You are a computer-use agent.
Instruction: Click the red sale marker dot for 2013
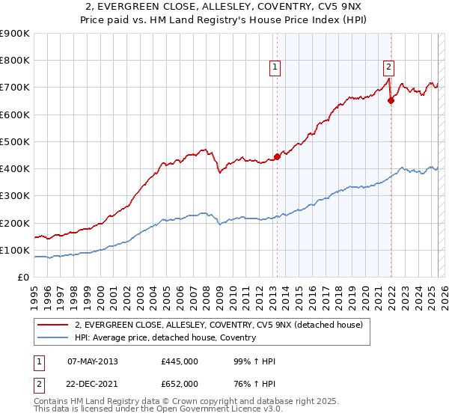coord(277,156)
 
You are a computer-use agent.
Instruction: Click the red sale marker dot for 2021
coord(391,101)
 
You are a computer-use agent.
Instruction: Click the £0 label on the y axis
coord(22,278)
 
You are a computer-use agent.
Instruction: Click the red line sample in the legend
coord(53,325)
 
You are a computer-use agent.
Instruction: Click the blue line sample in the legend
coord(53,337)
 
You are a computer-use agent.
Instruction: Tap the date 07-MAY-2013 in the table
coord(92,361)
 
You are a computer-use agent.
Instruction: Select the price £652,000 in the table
coord(179,384)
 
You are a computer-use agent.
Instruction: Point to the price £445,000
coord(179,361)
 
